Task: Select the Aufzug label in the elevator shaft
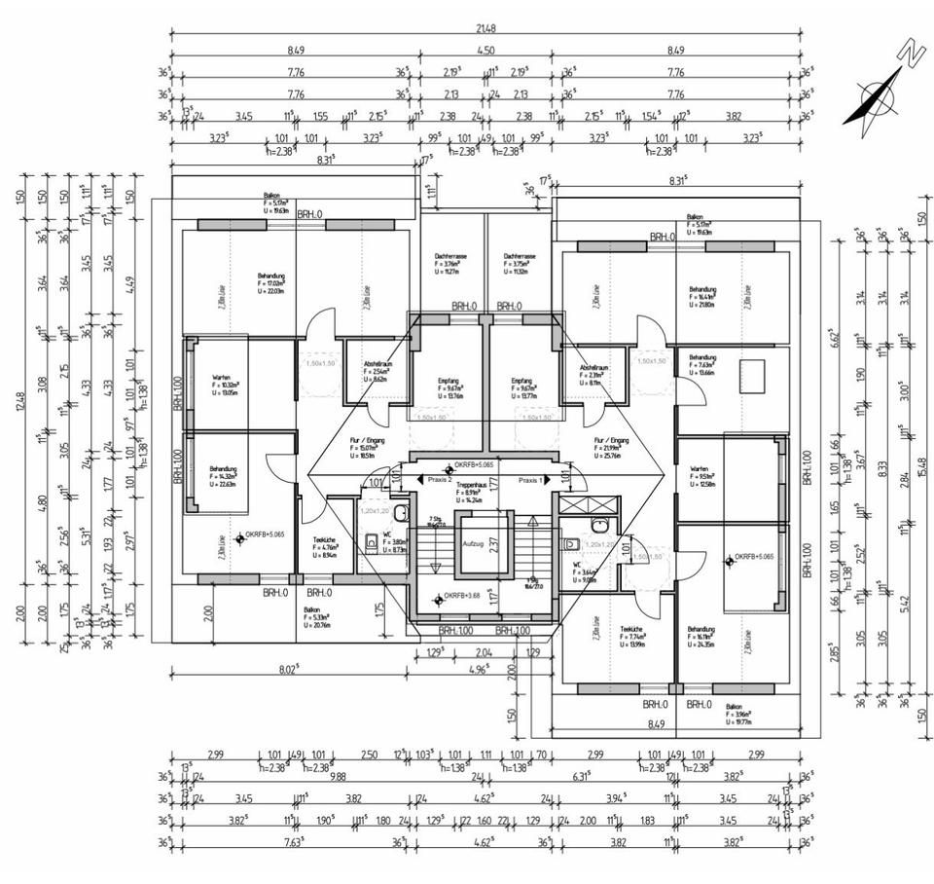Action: pyautogui.click(x=473, y=543)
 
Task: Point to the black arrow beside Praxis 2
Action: pyautogui.click(x=419, y=480)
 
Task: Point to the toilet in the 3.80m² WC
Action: pyautogui.click(x=371, y=541)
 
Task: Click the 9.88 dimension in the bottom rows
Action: pyautogui.click(x=339, y=776)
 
